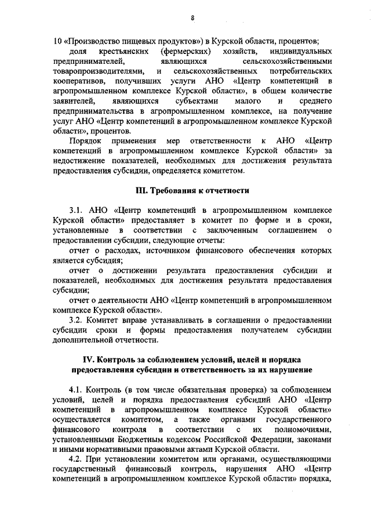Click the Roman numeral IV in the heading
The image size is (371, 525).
point(88,361)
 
